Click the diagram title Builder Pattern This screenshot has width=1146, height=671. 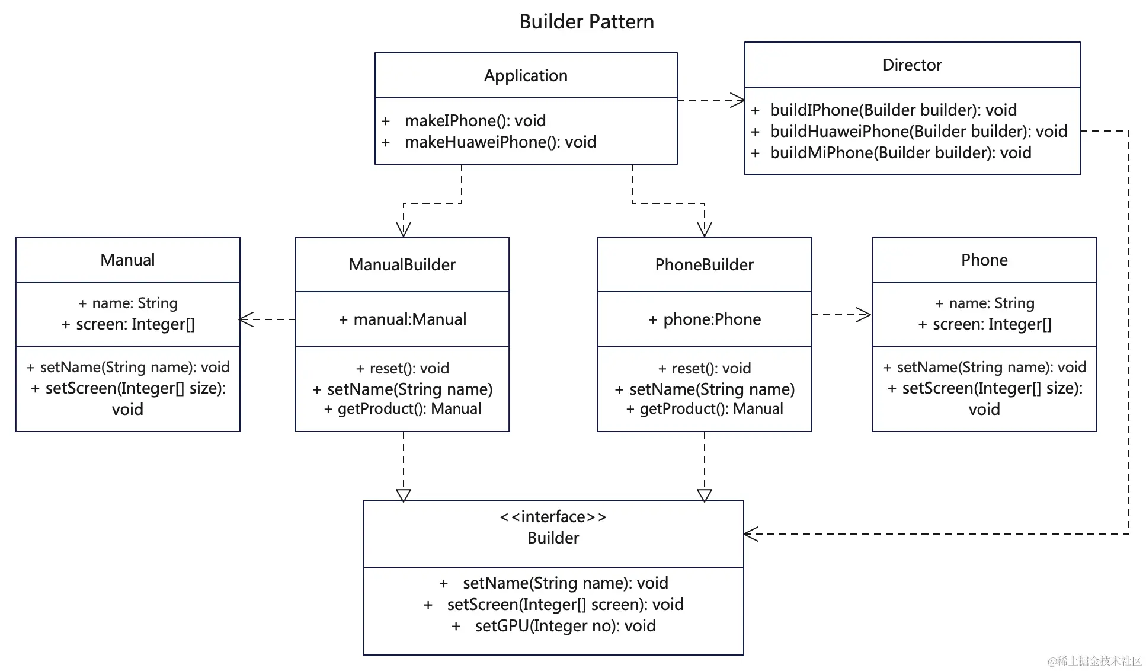587,22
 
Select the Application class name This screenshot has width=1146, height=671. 526,76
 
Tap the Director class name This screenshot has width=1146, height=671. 912,65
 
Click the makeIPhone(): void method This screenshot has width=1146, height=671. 475,121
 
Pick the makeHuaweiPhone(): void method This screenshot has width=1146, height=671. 500,142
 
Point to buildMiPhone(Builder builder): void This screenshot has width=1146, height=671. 901,153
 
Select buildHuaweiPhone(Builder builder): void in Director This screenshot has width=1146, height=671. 918,132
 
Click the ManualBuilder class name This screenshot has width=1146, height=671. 402,264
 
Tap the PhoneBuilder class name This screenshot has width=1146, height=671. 704,264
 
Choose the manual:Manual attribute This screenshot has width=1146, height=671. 410,319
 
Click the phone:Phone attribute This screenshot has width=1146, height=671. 712,319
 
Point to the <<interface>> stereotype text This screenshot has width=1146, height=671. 553,517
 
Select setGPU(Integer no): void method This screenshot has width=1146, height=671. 565,626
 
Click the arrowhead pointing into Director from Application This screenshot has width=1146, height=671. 738,100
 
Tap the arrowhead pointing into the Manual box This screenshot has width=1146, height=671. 247,319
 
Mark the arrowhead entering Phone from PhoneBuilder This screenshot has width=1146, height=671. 864,315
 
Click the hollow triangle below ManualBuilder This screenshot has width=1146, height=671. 404,496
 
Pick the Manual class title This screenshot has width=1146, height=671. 127,260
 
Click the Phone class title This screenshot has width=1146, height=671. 984,260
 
